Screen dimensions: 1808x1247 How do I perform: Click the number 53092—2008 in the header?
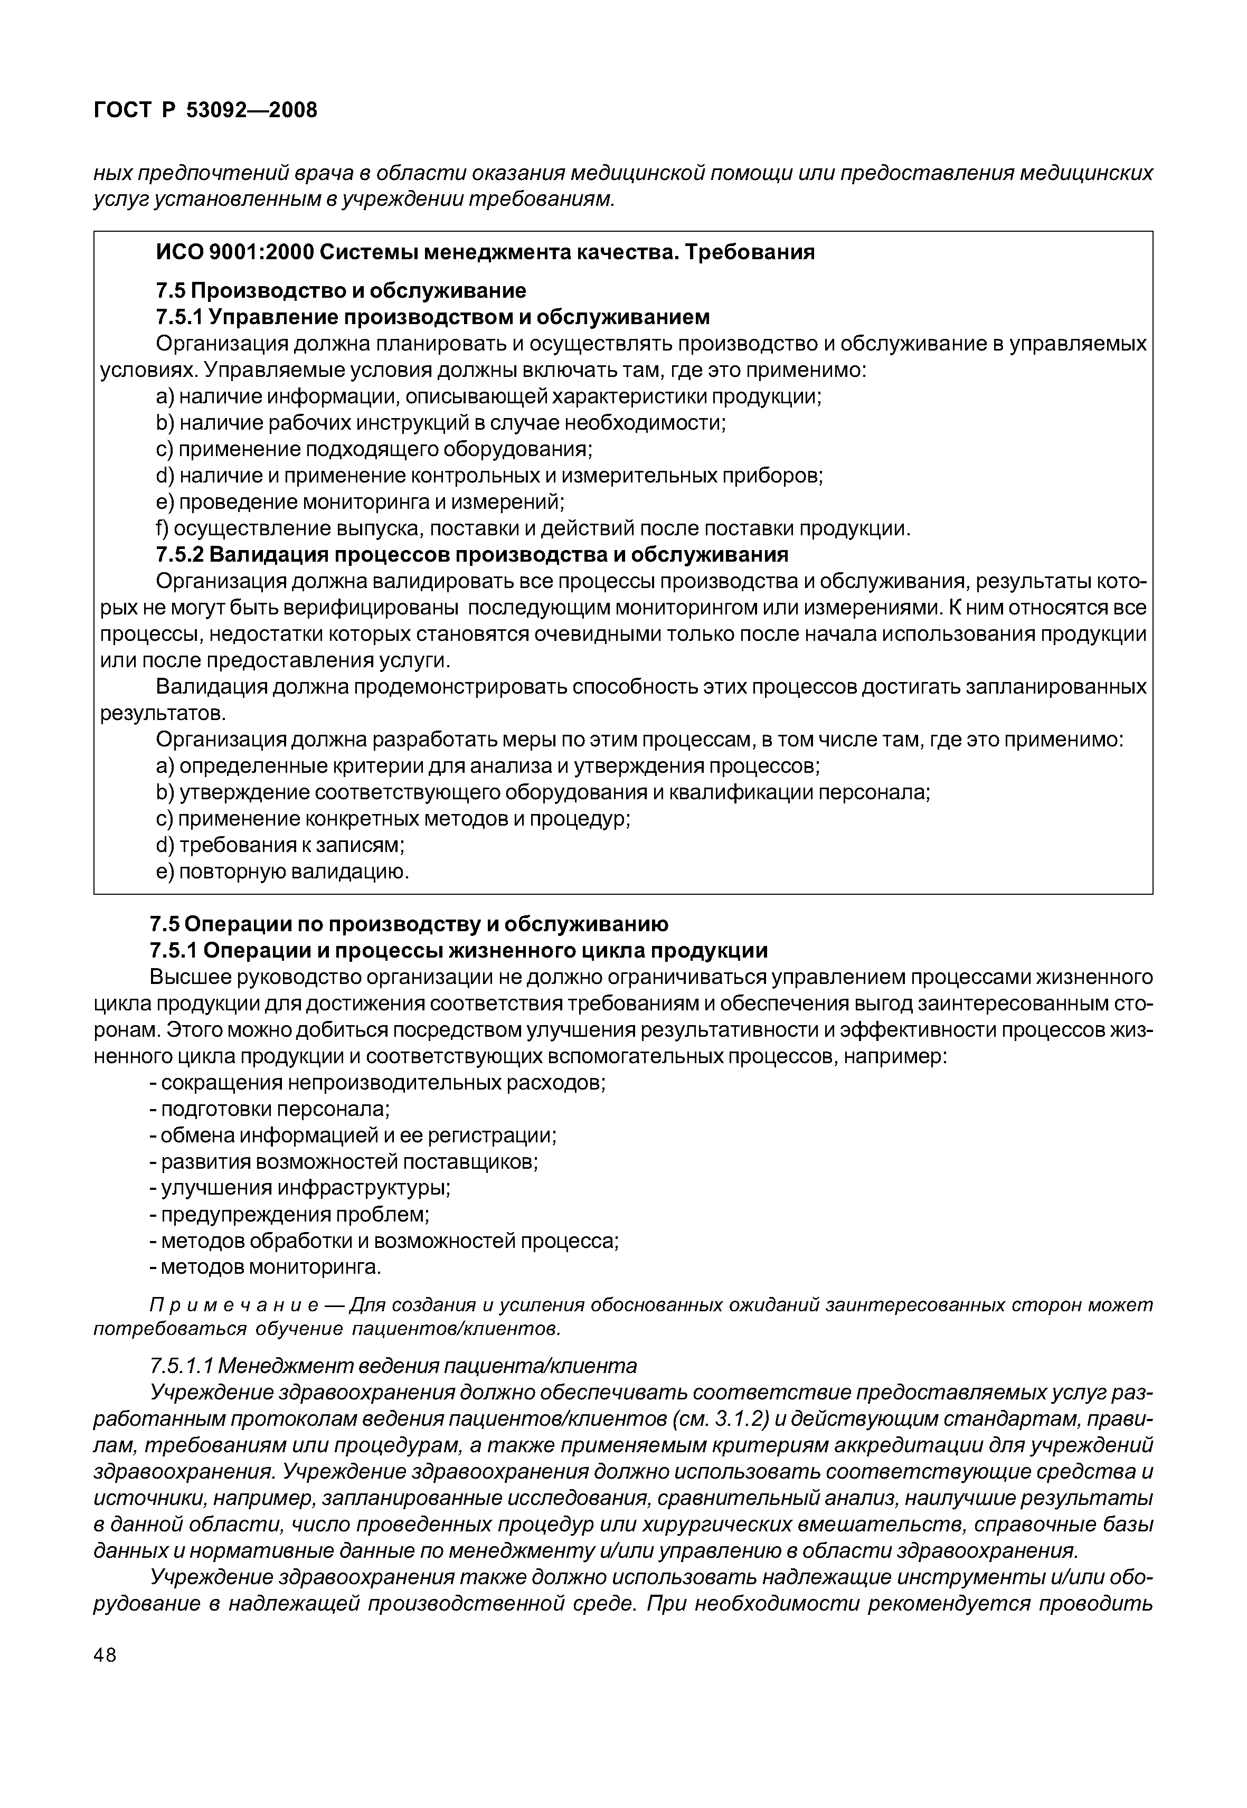252,110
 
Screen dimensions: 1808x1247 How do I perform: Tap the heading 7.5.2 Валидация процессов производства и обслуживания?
472,555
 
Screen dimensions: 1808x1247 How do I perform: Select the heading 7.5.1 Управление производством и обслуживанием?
433,317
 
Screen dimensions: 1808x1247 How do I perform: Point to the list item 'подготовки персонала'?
269,1110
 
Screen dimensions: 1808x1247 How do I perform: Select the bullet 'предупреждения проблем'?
289,1215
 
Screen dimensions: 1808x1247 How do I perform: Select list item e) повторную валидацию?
283,872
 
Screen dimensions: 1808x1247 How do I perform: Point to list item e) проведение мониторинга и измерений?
360,501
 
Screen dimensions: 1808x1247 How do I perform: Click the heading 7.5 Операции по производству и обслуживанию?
409,924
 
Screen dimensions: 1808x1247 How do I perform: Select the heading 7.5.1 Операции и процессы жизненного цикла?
459,951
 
